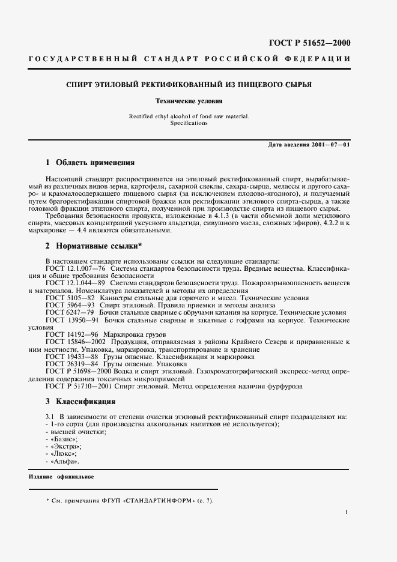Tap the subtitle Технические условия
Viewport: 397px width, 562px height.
189,101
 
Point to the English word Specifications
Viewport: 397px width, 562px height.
189,122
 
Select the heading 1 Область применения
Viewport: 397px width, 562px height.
90,163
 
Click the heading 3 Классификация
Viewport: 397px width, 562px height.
81,400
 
